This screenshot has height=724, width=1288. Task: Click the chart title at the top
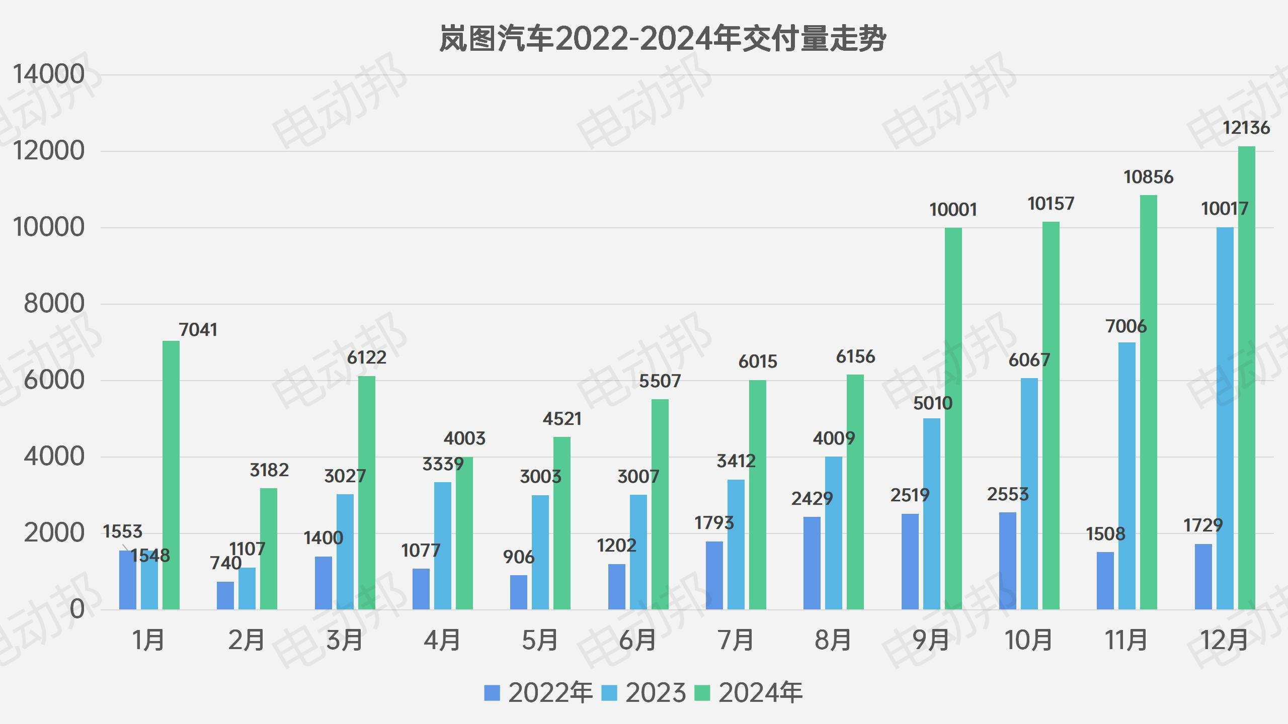[x=662, y=39]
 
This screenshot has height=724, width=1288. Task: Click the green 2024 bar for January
[x=171, y=475]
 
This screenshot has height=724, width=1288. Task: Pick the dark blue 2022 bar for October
[x=1008, y=561]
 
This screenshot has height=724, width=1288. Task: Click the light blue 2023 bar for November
[x=1127, y=476]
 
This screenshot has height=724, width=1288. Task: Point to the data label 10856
[x=1148, y=177]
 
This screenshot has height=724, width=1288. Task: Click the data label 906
[x=518, y=557]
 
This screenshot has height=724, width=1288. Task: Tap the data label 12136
[x=1246, y=128]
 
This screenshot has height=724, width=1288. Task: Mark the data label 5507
[x=660, y=381]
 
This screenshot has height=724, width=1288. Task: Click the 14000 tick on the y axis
[x=49, y=74]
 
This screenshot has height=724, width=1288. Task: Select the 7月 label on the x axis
[x=736, y=641]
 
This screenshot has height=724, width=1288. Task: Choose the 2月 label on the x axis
[x=247, y=641]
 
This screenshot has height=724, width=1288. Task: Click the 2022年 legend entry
[x=538, y=693]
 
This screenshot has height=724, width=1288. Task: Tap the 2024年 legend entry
[x=749, y=693]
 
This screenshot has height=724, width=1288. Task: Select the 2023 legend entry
[x=644, y=693]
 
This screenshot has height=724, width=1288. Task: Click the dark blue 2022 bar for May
[x=519, y=592]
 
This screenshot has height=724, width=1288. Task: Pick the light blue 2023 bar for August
[x=833, y=533]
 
